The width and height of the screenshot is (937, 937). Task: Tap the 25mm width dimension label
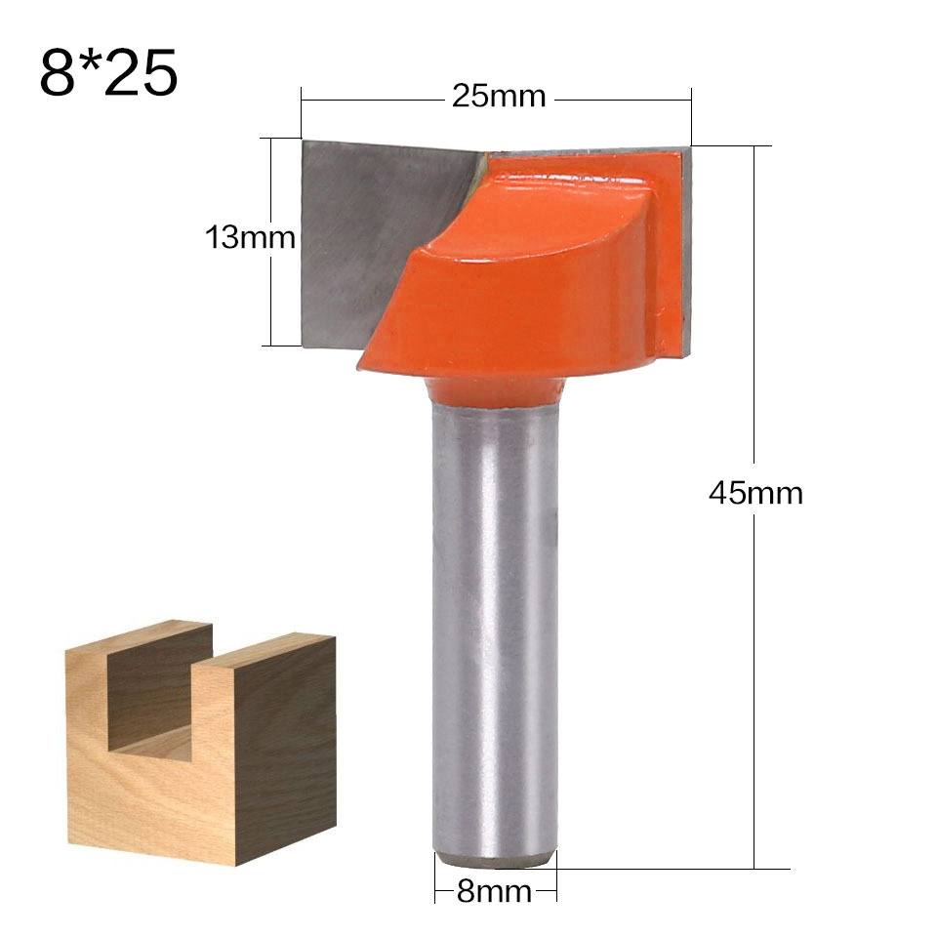pyautogui.click(x=498, y=97)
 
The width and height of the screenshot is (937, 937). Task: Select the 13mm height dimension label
pyautogui.click(x=249, y=237)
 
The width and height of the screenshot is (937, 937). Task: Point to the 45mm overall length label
pyautogui.click(x=755, y=493)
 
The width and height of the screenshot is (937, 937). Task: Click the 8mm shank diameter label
pyautogui.click(x=495, y=891)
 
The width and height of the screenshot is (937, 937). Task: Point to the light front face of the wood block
pyautogui.click(x=146, y=800)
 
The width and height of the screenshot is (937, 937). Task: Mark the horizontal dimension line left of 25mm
pyautogui.click(x=371, y=98)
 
